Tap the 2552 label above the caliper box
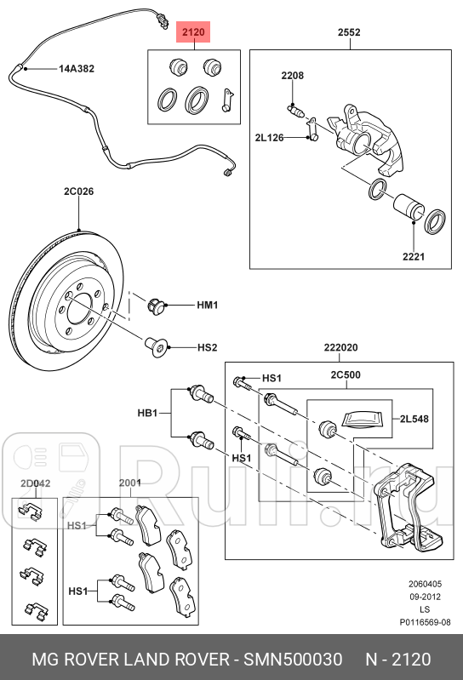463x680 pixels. pos(349,33)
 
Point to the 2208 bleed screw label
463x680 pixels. pos(293,77)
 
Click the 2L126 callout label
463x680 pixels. pos(271,137)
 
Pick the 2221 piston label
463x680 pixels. pos(414,255)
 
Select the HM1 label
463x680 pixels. pos(208,305)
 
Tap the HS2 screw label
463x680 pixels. pos(208,346)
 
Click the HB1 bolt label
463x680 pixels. pos(148,414)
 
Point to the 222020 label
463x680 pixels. pos(340,347)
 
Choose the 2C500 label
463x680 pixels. pos(346,374)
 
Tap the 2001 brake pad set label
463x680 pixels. pos(129,483)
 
